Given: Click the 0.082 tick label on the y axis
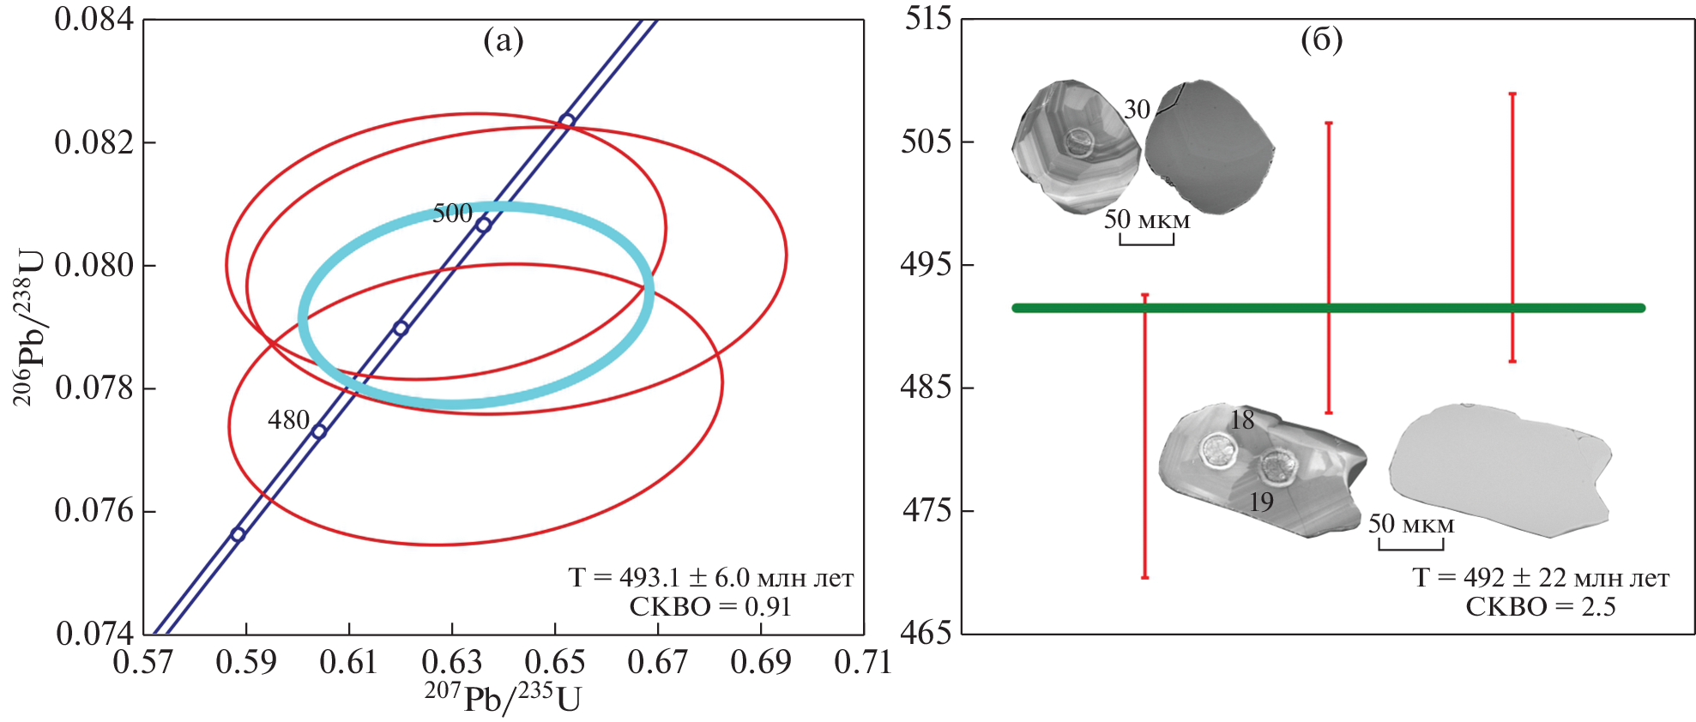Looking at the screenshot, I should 94,142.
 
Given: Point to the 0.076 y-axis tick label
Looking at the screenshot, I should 94,511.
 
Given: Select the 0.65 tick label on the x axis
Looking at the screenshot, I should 555,662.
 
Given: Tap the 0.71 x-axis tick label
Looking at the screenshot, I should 863,662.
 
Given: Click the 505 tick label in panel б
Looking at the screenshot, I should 926,141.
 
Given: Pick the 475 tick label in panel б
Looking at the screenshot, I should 926,511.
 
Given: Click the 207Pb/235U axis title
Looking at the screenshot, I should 503,698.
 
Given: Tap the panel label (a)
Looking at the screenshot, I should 503,40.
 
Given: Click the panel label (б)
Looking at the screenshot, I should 1321,39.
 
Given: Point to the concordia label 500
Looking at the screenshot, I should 452,214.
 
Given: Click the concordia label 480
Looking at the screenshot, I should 288,420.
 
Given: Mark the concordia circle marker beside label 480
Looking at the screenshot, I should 318,432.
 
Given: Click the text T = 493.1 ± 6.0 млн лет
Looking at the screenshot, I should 710,578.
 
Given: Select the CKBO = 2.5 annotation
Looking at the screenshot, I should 1540,607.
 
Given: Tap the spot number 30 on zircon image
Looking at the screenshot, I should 1137,110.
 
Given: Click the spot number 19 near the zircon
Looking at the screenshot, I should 1261,502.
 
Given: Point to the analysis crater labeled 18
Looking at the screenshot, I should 1216,450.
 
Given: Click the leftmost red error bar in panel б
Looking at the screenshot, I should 1144,436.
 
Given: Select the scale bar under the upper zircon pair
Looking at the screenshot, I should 1146,243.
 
